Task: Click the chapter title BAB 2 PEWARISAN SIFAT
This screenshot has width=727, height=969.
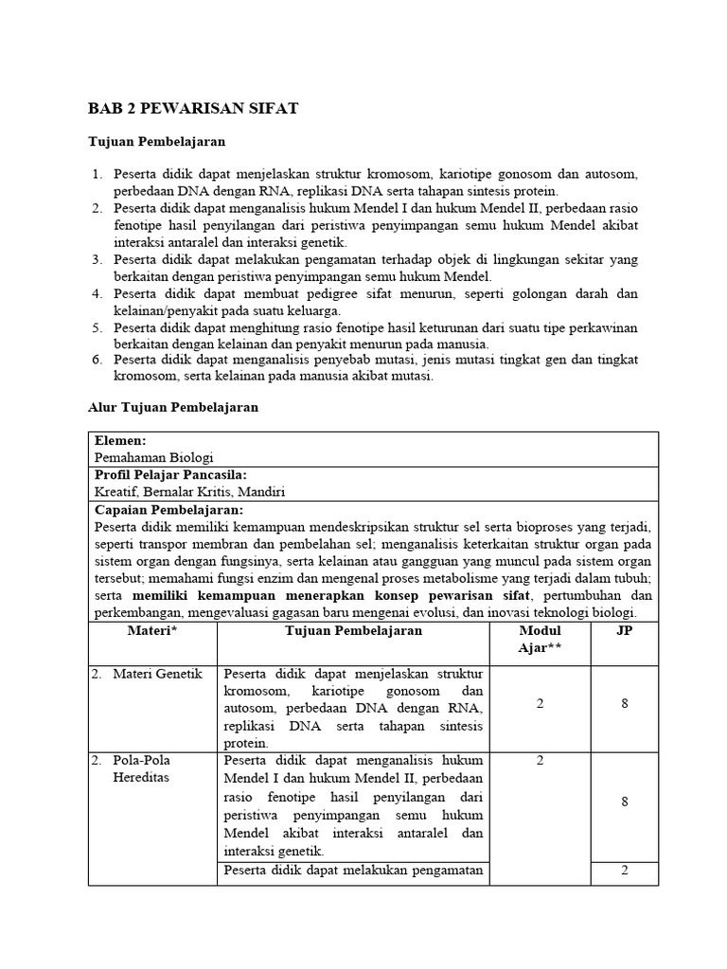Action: tap(193, 109)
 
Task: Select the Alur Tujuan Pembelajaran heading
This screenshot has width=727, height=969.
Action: tap(172, 407)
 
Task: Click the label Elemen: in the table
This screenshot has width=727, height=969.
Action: tap(120, 440)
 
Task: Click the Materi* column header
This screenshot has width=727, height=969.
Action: tap(153, 631)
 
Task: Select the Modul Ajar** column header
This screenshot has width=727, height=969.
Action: tap(540, 640)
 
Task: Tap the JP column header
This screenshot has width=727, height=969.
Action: tap(624, 631)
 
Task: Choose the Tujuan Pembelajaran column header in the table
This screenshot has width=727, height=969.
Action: tap(353, 631)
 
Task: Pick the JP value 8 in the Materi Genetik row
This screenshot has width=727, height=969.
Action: tap(624, 704)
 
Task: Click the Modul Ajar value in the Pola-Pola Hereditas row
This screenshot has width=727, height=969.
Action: tap(540, 760)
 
